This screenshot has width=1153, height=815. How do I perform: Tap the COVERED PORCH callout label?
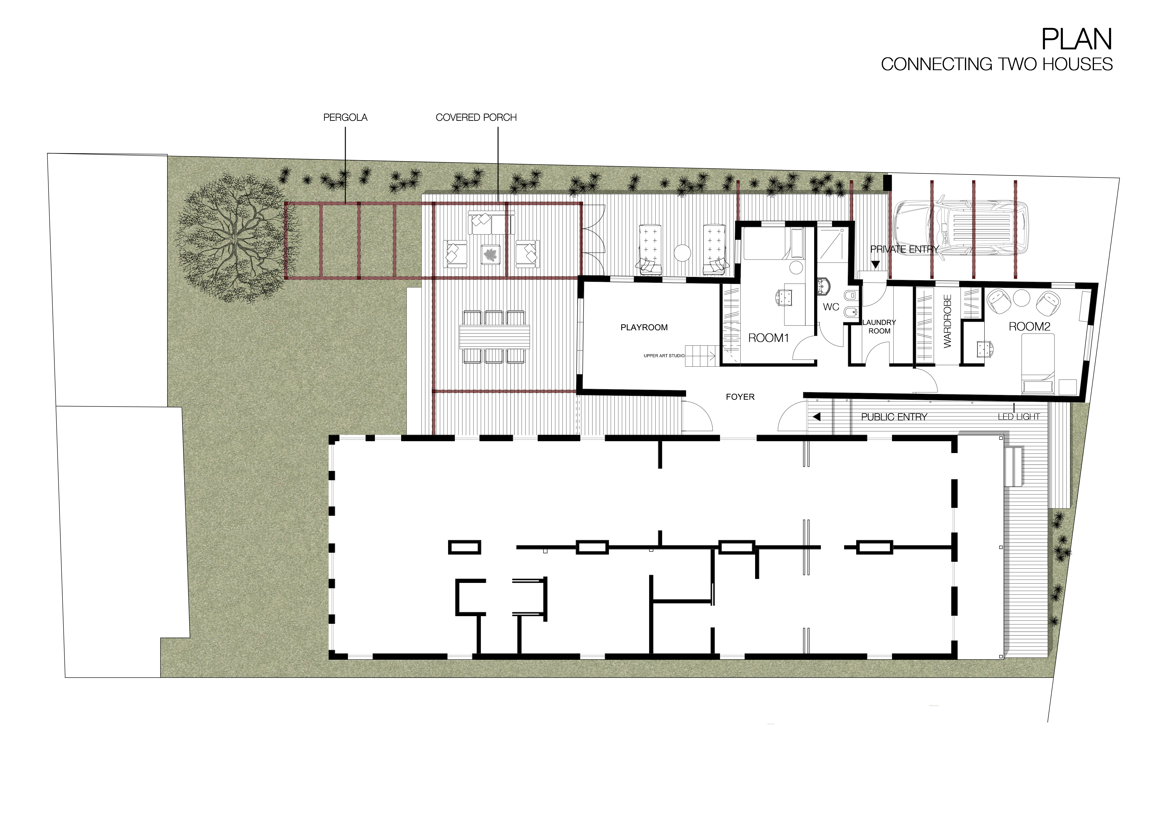tap(476, 117)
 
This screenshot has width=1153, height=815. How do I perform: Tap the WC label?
tap(831, 307)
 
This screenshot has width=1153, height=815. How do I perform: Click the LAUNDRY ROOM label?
tap(879, 327)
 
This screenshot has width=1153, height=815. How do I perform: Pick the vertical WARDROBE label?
tap(948, 321)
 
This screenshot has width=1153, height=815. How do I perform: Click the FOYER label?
tap(740, 397)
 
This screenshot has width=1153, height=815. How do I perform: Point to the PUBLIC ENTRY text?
tap(894, 417)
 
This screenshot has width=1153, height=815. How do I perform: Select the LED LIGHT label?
tap(1018, 417)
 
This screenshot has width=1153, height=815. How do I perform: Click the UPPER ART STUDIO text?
tap(664, 356)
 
